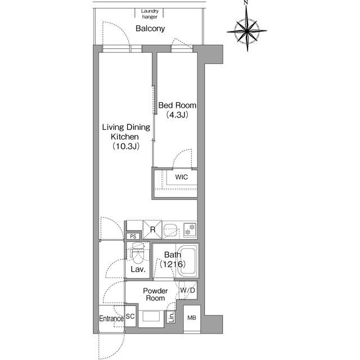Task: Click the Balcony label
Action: (x=150, y=29)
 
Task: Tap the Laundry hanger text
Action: (x=150, y=13)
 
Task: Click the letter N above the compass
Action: (x=246, y=2)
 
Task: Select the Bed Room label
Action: (x=177, y=105)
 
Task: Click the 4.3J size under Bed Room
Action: (x=177, y=115)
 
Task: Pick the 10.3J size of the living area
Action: (x=126, y=146)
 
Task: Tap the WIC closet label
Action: (x=181, y=177)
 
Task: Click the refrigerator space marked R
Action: (x=152, y=229)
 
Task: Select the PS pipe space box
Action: (x=133, y=236)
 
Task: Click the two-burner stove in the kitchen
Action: (x=190, y=229)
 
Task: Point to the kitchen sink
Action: (x=170, y=230)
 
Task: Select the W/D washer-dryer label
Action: (x=188, y=290)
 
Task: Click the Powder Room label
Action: (x=155, y=295)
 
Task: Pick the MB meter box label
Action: (x=192, y=318)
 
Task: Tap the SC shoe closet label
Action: (x=130, y=316)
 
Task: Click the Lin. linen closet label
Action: (x=171, y=317)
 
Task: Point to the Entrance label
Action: (x=111, y=319)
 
